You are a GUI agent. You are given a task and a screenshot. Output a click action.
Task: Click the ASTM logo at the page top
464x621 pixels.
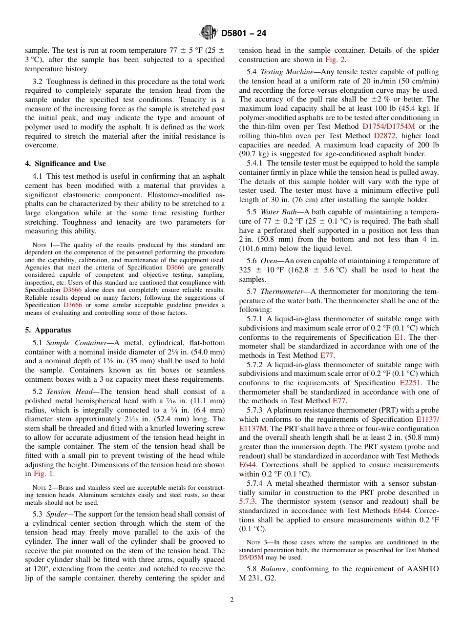209,33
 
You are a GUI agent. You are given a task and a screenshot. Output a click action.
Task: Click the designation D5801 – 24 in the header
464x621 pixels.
244,34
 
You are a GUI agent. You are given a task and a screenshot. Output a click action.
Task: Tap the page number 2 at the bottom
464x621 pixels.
232,600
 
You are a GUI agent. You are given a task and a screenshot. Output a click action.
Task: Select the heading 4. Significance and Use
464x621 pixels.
65,164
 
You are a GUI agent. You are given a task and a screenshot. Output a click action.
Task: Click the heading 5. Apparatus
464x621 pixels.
48,330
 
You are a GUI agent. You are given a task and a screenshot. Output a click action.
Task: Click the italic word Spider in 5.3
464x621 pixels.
57,514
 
